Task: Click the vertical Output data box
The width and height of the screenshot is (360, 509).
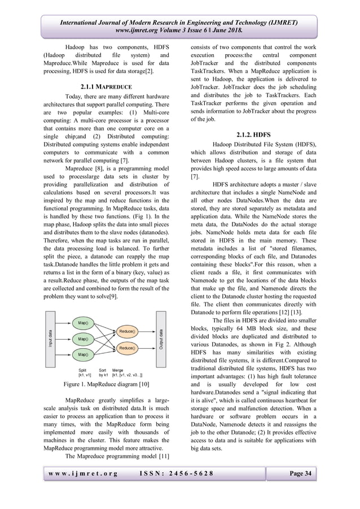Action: point(161,339)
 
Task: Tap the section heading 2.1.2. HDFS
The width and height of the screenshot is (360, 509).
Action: point(253,135)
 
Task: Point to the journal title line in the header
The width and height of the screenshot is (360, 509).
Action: point(179,23)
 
